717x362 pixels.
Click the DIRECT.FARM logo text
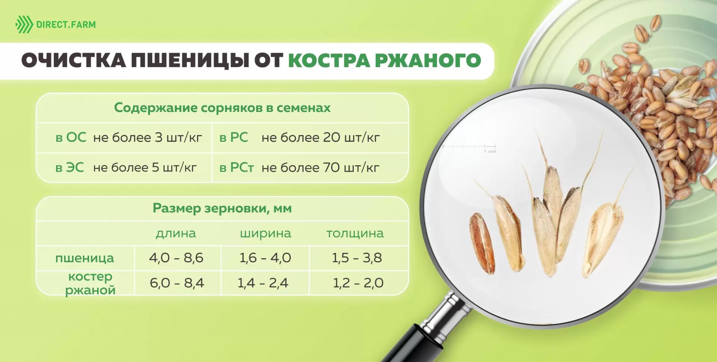pos(66,25)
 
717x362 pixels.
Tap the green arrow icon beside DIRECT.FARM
pos(24,25)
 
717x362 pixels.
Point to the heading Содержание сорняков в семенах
pos(222,107)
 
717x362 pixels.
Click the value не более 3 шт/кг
pos(148,137)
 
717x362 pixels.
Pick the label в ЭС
pos(69,168)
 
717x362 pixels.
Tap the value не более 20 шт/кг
pos(320,137)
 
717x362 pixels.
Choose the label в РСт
pos(236,168)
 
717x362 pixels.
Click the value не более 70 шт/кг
pos(320,168)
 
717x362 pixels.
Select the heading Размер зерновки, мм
pos(222,208)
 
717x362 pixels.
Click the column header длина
pos(176,233)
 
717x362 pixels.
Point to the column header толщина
pos(355,233)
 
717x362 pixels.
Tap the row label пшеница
pos(85,258)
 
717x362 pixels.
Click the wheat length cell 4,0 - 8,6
pos(176,258)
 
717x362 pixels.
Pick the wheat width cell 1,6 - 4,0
pos(265,258)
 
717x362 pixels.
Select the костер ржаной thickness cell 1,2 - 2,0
pos(358,283)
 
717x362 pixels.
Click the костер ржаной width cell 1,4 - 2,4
pos(263,283)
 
